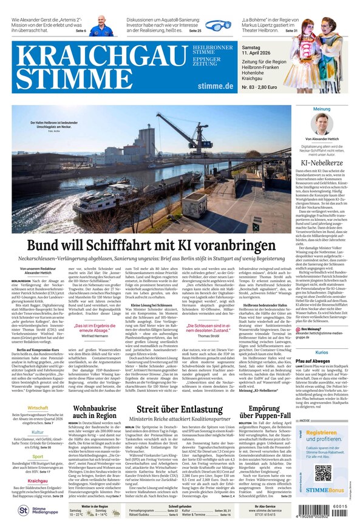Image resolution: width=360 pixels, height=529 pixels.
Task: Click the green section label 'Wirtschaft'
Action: tap(38, 408)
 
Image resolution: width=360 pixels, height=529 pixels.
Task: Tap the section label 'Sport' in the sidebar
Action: tap(38, 457)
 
